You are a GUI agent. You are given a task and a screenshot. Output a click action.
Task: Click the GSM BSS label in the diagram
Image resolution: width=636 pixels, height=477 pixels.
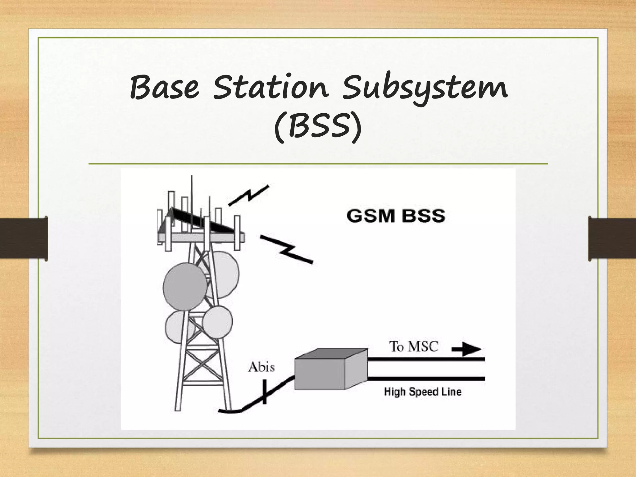[396, 216]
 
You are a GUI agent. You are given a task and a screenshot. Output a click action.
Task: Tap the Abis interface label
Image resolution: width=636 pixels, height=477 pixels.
[261, 368]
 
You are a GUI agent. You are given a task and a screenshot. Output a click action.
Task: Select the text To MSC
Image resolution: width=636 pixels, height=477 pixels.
[414, 347]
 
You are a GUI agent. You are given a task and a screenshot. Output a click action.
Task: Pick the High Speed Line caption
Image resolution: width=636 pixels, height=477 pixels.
[423, 392]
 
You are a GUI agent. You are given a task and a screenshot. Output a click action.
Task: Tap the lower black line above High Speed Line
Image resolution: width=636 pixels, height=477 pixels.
[425, 379]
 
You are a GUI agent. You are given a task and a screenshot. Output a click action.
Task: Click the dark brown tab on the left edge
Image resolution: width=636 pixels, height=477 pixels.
[24, 238]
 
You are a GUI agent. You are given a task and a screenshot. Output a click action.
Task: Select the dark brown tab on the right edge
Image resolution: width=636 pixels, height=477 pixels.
[612, 238]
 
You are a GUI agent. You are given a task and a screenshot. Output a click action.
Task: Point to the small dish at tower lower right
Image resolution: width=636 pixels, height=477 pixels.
[218, 322]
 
